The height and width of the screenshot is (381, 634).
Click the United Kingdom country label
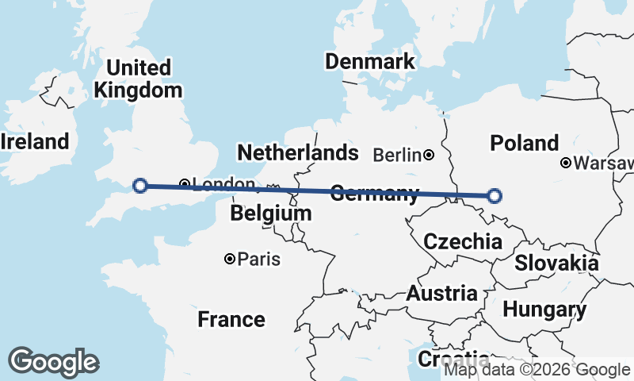[x=138, y=79]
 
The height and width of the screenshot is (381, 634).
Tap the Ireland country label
[x=34, y=142]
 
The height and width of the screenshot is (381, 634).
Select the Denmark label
[x=370, y=62]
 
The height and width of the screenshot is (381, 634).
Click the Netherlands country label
[x=297, y=152]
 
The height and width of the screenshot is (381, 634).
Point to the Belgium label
[x=271, y=214]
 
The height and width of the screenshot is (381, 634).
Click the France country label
[x=231, y=320]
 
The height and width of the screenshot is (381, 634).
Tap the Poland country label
[x=525, y=144]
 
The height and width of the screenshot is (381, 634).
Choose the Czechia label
[x=463, y=242]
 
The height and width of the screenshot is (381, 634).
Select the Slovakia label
[x=556, y=263]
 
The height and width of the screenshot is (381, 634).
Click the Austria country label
[x=442, y=294]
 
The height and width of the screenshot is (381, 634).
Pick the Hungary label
[x=544, y=310]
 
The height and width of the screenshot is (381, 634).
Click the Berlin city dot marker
[x=429, y=155]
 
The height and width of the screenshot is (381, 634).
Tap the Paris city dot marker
[x=230, y=259]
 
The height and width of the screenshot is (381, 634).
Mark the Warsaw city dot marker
[x=566, y=163]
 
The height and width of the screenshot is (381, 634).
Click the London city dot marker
[x=184, y=184]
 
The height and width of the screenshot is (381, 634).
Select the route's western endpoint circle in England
[x=140, y=186]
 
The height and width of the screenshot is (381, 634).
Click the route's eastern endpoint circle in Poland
[x=495, y=195]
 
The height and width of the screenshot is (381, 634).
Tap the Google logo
[x=53, y=362]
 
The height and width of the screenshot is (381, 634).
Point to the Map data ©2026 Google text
[x=537, y=370]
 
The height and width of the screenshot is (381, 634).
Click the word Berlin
[x=396, y=155]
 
